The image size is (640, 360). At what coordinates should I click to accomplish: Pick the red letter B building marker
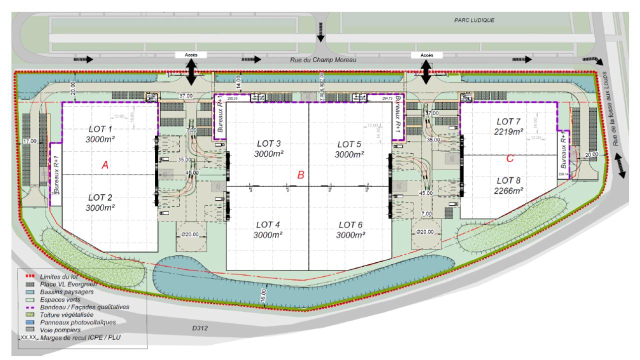(x=301, y=174)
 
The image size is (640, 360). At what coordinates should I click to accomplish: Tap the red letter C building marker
(x=509, y=158)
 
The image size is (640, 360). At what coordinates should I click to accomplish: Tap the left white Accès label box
(x=191, y=55)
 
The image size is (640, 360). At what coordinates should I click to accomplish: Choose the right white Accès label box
(x=426, y=55)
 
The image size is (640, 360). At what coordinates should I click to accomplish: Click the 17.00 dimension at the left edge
(x=30, y=141)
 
